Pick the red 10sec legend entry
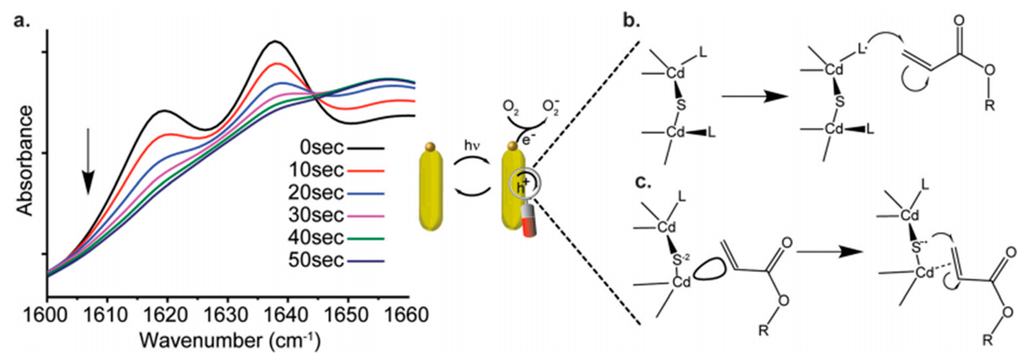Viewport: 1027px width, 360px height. click(x=317, y=170)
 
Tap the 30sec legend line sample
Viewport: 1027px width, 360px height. click(x=366, y=216)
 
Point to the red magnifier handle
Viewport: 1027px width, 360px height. click(x=529, y=225)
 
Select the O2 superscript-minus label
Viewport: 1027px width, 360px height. click(x=551, y=108)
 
